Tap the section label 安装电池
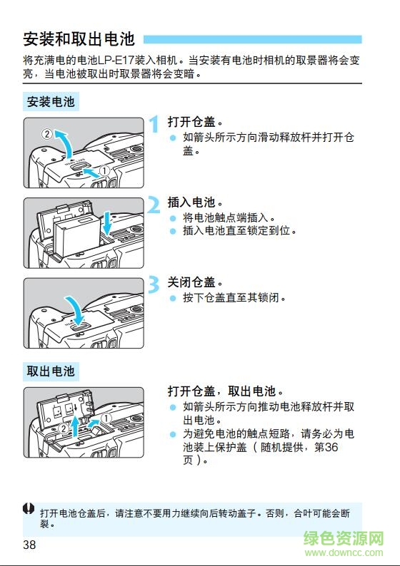coord(51,102)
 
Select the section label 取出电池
coord(51,371)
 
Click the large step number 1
coord(154,125)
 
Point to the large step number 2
coord(154,206)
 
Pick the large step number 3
coord(154,286)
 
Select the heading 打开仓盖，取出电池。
coord(226,391)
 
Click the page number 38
coord(29,546)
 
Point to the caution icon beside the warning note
coord(28,509)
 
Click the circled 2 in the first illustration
coord(46,133)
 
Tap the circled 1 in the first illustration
coord(104,171)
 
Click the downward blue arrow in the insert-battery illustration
coord(108,222)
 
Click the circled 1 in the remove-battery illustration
coord(106,418)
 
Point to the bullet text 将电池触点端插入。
coord(229,218)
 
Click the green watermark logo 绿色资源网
coord(345,540)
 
